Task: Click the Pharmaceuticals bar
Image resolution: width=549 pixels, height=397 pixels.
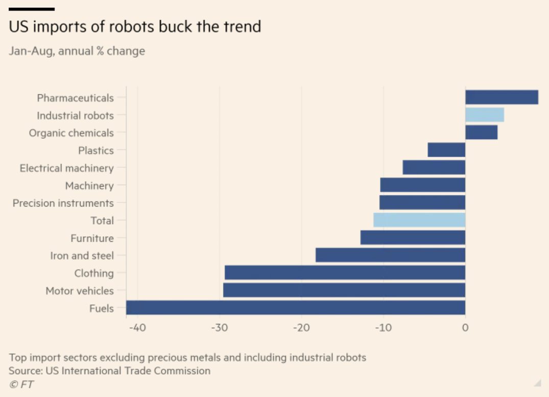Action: [x=502, y=97]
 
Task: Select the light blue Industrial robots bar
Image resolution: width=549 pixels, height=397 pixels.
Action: [x=484, y=115]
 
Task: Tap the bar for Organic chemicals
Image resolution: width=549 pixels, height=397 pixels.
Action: [x=481, y=132]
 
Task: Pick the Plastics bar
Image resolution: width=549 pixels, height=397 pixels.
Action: [x=446, y=150]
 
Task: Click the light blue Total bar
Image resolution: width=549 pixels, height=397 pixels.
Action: [x=419, y=220]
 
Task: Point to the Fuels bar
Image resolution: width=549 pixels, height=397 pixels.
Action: [x=296, y=308]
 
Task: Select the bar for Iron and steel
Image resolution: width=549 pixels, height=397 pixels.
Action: [x=390, y=255]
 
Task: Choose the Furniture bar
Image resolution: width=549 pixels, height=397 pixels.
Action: [x=413, y=238]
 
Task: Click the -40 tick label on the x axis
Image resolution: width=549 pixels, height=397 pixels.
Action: [x=136, y=328]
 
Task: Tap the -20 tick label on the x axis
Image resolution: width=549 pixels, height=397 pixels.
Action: [x=301, y=328]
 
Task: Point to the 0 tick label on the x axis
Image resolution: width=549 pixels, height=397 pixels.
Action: [x=465, y=328]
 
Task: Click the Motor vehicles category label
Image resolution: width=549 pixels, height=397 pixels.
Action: [x=80, y=291]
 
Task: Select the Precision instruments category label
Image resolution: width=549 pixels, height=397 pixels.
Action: [x=63, y=203]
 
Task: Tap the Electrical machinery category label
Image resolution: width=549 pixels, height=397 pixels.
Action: [x=66, y=168]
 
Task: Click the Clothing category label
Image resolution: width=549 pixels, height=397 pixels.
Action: [x=94, y=273]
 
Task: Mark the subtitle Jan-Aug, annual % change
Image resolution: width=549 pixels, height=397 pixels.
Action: [x=77, y=51]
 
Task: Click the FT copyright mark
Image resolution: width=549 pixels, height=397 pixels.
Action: [x=21, y=385]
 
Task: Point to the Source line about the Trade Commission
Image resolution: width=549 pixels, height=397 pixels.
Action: [x=109, y=371]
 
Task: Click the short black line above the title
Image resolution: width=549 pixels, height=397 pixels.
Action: [x=32, y=9]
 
